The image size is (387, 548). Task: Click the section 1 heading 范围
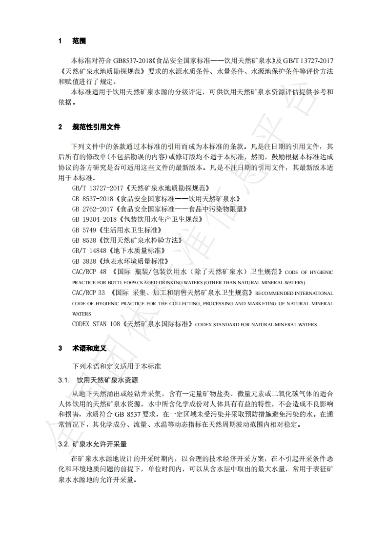79,41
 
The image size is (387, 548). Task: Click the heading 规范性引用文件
96,127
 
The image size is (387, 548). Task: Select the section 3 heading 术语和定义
89,348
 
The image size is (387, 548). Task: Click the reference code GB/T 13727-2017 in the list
98,188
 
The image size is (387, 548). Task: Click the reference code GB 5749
84,230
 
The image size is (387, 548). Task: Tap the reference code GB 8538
84,240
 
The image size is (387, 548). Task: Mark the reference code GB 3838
84,261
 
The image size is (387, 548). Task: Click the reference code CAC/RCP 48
89,272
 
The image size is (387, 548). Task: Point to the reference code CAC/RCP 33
88,293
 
